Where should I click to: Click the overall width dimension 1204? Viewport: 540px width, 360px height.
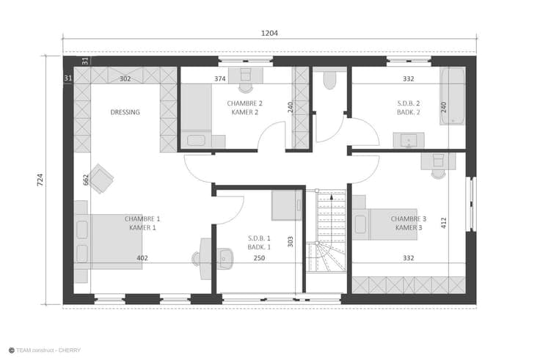[269, 34]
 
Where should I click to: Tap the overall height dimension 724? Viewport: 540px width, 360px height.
[40, 180]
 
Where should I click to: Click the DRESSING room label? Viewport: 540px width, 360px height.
[125, 112]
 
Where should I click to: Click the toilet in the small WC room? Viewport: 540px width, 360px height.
[329, 80]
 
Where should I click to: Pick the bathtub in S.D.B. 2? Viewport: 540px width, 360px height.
[453, 96]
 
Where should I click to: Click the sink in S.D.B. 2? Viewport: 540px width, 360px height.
[409, 141]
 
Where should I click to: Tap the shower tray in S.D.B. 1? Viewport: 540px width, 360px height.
[287, 205]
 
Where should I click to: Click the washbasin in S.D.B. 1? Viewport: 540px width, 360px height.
[225, 259]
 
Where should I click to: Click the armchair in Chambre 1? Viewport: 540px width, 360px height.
[101, 178]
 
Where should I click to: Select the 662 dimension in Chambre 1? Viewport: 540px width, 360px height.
[86, 180]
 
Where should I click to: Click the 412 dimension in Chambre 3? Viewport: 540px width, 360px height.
[444, 223]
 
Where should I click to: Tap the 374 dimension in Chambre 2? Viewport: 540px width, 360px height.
[220, 78]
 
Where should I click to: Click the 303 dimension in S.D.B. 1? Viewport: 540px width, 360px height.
[291, 242]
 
